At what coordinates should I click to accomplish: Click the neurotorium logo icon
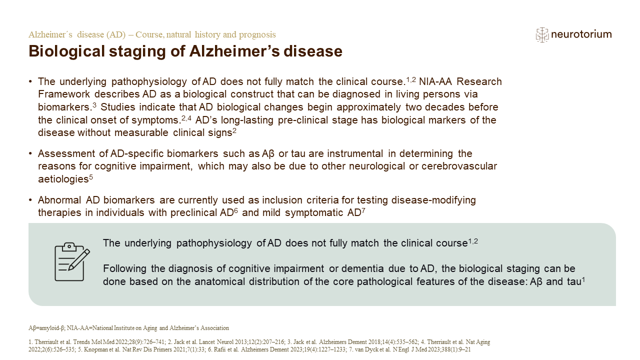tap(542, 35)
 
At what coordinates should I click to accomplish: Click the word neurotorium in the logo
tap(581, 34)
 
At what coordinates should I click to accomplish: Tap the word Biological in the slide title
tap(66, 51)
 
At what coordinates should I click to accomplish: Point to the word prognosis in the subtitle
tap(257, 35)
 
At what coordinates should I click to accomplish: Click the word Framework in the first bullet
tap(63, 94)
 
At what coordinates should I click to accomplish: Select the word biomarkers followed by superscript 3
tap(64, 107)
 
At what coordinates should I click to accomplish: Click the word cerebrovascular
tap(459, 166)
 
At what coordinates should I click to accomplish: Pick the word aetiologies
tap(63, 179)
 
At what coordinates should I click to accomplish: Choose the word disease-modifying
tap(433, 200)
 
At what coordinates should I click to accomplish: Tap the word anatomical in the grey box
tap(219, 281)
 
